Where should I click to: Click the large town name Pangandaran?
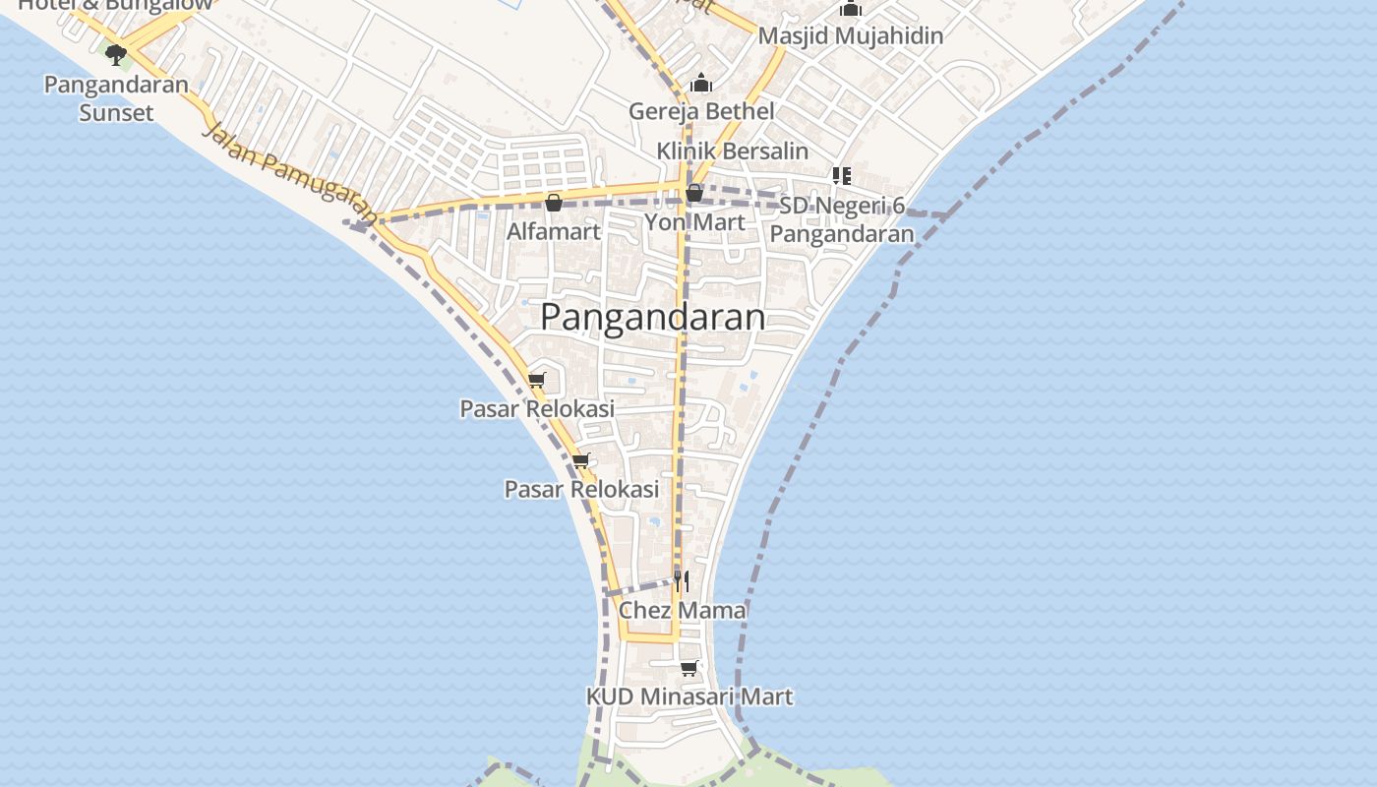click(x=652, y=317)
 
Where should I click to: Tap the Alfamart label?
click(x=553, y=232)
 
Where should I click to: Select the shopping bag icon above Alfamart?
click(x=554, y=204)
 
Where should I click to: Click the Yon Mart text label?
click(x=694, y=222)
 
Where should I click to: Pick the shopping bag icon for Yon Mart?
click(x=694, y=193)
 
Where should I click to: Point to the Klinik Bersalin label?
click(x=733, y=151)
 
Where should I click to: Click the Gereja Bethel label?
click(x=701, y=111)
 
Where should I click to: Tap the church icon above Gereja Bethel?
click(x=701, y=83)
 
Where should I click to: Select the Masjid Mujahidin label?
click(x=851, y=36)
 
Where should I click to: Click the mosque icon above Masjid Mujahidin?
click(x=851, y=9)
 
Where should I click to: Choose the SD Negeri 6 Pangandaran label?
click(x=842, y=220)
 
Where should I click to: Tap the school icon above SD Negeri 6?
click(x=842, y=176)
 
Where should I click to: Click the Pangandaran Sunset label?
click(x=116, y=98)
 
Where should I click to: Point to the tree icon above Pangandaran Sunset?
click(x=116, y=54)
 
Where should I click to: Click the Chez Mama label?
click(x=682, y=610)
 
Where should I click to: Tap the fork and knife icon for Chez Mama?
click(x=681, y=581)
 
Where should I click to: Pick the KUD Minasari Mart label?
click(x=688, y=696)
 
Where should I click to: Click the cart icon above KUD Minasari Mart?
click(x=688, y=669)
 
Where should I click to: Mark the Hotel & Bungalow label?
click(x=116, y=5)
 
